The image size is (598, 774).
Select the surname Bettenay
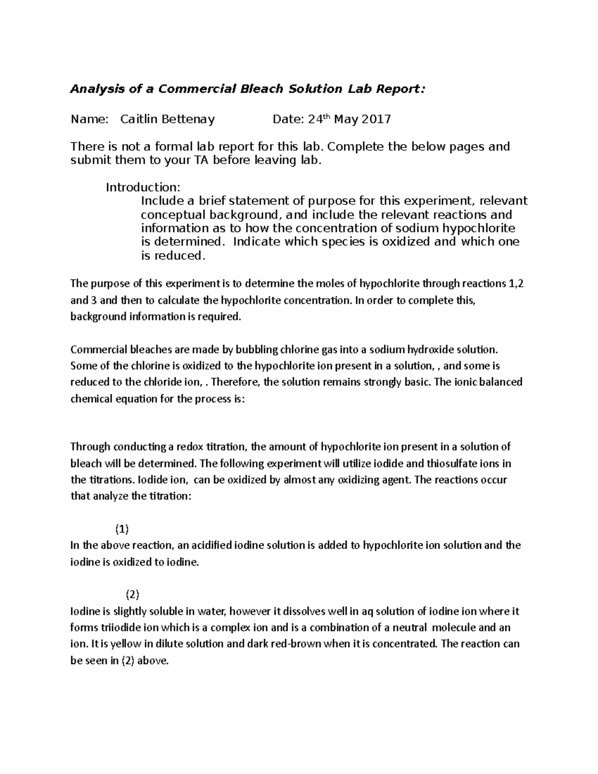click(186, 120)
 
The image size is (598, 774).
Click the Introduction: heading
click(143, 187)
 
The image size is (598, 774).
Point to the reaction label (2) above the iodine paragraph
click(132, 594)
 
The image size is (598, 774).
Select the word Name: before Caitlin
click(89, 120)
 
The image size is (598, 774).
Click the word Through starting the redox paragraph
click(90, 447)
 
